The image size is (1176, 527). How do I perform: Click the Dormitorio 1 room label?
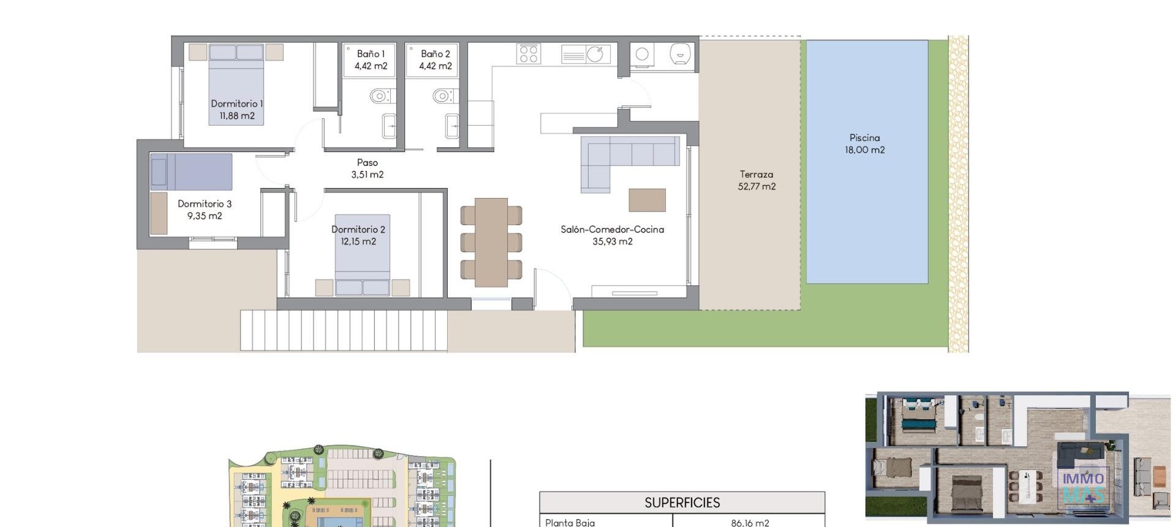(x=236, y=110)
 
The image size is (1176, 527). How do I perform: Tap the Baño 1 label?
(x=371, y=60)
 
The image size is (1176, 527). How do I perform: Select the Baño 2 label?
(x=435, y=60)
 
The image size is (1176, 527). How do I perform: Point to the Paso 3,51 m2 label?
(x=367, y=169)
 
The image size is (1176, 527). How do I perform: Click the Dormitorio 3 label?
(x=205, y=210)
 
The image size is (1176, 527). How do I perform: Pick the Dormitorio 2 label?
(x=358, y=235)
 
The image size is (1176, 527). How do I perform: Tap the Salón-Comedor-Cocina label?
(x=612, y=235)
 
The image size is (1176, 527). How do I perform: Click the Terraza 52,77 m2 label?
(x=756, y=181)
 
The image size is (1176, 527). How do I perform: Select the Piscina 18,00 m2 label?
(x=864, y=144)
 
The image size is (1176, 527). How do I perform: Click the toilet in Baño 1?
(x=380, y=96)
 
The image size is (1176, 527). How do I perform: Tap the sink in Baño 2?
(x=452, y=126)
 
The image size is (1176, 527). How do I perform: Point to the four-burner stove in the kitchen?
(x=529, y=54)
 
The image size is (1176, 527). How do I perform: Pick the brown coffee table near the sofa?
(x=647, y=200)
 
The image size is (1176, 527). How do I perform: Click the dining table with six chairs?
(x=491, y=242)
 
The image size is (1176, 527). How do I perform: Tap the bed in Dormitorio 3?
(x=191, y=172)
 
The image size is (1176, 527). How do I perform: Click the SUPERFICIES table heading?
(x=682, y=503)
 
